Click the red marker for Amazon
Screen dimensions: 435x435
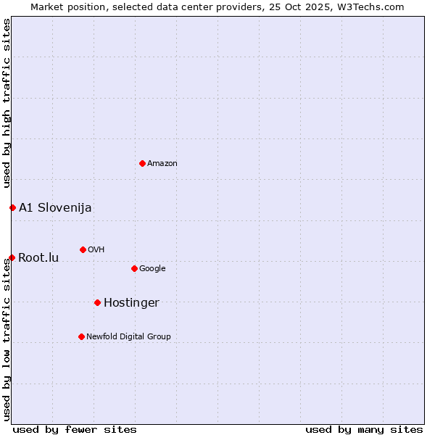click(x=142, y=163)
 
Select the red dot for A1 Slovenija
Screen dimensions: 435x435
click(x=12, y=207)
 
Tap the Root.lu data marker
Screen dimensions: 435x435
click(x=12, y=257)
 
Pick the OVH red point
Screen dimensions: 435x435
click(x=83, y=249)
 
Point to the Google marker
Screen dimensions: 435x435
click(x=134, y=268)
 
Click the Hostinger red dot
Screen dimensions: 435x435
click(x=97, y=302)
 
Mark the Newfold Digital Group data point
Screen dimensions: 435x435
click(x=81, y=336)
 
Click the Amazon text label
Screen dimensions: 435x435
click(x=162, y=163)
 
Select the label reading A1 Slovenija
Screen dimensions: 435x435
click(x=55, y=208)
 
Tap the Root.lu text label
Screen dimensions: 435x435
click(x=38, y=258)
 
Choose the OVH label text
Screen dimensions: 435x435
click(x=96, y=249)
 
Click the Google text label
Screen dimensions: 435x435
click(x=152, y=268)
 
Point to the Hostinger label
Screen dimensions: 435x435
click(x=131, y=303)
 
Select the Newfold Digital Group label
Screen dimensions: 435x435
click(x=128, y=336)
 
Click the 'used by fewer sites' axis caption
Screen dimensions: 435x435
click(x=75, y=429)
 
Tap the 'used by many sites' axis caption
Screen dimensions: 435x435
click(x=364, y=429)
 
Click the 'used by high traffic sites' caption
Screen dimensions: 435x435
click(x=7, y=103)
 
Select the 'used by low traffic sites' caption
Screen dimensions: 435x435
click(x=7, y=339)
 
